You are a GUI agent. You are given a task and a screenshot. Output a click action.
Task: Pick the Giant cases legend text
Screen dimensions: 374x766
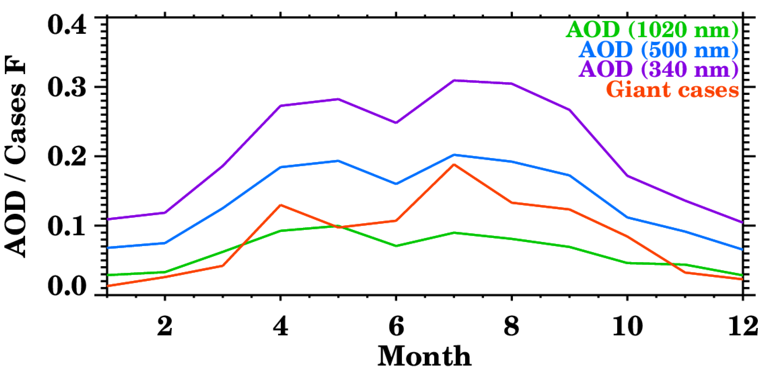click(x=672, y=89)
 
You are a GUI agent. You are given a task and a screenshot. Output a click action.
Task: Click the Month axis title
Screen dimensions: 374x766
click(x=424, y=356)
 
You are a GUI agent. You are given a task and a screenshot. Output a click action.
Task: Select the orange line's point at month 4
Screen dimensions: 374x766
click(x=281, y=205)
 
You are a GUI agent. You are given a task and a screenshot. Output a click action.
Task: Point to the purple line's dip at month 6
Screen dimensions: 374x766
click(x=396, y=123)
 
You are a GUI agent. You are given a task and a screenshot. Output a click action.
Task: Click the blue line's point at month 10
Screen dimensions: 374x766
click(x=628, y=217)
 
